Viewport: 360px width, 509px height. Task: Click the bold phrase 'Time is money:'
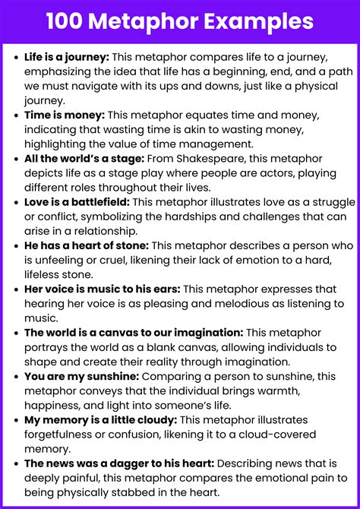pyautogui.click(x=64, y=115)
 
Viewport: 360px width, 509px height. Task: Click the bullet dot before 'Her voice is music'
pyautogui.click(x=15, y=289)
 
